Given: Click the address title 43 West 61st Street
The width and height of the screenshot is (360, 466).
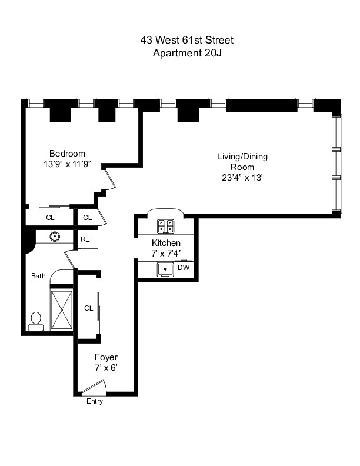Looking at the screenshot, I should click(x=186, y=40).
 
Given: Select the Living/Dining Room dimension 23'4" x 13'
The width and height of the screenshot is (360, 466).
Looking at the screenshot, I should click(x=242, y=177).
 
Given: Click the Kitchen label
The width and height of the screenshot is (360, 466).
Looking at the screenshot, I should click(x=166, y=243).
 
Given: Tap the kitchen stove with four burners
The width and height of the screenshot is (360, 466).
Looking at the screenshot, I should click(x=165, y=225).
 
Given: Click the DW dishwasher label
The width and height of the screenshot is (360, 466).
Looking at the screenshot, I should click(x=184, y=268).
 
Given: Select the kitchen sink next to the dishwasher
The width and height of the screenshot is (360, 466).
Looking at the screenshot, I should click(x=164, y=269).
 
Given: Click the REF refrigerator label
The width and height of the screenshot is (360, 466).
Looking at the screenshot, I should click(x=88, y=239).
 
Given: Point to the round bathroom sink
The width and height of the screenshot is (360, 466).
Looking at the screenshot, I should click(x=55, y=237).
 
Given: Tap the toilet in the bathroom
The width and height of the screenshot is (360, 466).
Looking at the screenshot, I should click(x=36, y=320).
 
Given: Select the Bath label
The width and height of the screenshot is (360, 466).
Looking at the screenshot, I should click(x=38, y=275).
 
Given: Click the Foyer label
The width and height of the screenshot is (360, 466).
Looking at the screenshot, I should click(x=106, y=357).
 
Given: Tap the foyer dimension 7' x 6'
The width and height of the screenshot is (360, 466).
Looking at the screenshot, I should click(x=106, y=368).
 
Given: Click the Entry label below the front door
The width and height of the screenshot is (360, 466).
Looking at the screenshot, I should click(x=94, y=402).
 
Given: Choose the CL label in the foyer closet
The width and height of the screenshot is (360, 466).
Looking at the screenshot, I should click(x=89, y=308).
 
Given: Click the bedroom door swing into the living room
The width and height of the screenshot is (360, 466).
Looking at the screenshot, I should click(x=111, y=178).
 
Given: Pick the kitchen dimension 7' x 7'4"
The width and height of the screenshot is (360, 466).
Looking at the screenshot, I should click(x=166, y=254).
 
